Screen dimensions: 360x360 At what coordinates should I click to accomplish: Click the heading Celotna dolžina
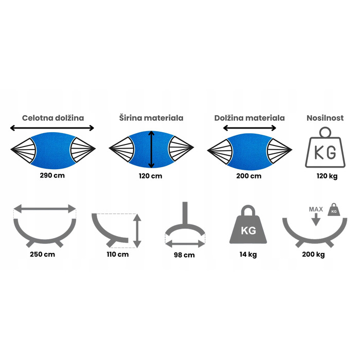[x=53, y=118]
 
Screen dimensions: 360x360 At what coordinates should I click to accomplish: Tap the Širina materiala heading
[x=151, y=118]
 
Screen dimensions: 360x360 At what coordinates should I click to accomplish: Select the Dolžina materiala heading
[x=249, y=118]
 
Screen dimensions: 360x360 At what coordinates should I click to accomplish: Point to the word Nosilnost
[x=325, y=118]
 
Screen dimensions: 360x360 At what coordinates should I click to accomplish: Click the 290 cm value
[x=52, y=175]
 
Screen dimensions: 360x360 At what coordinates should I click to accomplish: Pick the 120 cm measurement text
[x=150, y=176]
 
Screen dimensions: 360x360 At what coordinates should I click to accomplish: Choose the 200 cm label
[x=248, y=176]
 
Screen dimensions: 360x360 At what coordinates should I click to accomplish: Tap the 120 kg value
[x=327, y=176]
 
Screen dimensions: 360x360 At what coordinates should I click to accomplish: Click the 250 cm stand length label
[x=43, y=255]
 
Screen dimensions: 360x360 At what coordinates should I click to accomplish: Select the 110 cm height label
[x=118, y=255]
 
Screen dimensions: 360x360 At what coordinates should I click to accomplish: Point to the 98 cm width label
[x=184, y=255]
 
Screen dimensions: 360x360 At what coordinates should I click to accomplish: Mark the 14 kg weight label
[x=248, y=255]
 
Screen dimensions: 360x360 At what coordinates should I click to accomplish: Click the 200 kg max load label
[x=313, y=255]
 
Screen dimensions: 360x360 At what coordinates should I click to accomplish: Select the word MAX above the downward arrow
[x=316, y=209]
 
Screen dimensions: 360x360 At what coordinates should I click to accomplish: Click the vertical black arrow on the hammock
[x=151, y=150]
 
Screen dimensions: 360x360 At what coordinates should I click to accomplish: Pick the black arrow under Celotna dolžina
[x=52, y=128]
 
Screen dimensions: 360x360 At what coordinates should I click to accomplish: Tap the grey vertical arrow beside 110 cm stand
[x=137, y=231]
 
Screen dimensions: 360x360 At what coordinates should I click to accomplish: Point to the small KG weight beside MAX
[x=334, y=210]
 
